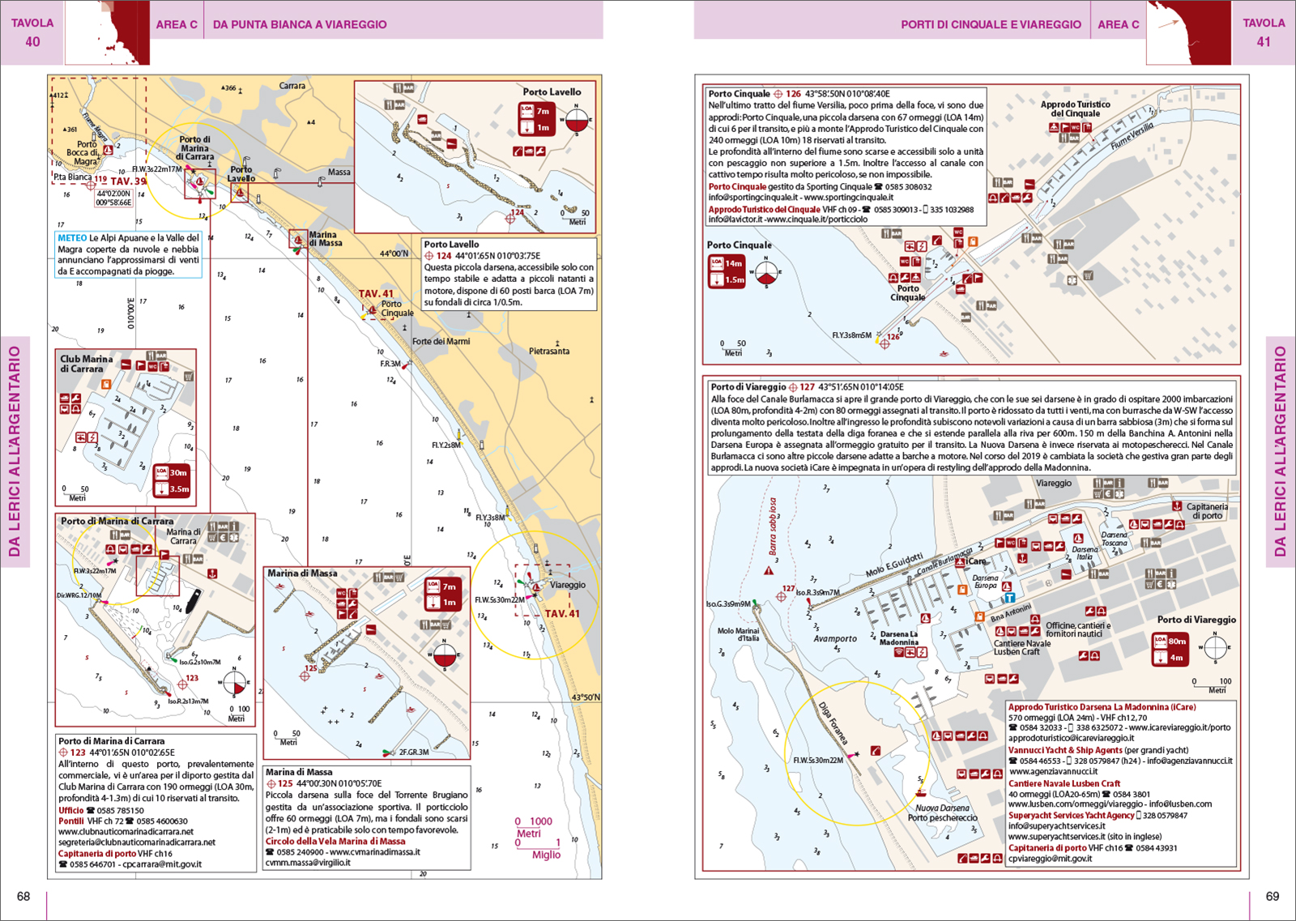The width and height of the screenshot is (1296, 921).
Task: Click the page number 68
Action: [23, 896]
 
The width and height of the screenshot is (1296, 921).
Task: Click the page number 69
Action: [1273, 896]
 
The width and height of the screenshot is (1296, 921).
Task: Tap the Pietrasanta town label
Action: [549, 352]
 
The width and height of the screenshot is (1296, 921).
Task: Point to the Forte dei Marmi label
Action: [441, 341]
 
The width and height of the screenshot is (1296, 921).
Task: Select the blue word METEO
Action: [72, 238]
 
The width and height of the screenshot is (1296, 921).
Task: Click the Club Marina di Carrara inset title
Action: [87, 364]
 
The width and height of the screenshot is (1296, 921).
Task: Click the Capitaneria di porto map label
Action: [1207, 511]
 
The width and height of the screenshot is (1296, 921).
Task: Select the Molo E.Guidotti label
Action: [893, 565]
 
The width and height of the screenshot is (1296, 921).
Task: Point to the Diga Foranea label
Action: [833, 723]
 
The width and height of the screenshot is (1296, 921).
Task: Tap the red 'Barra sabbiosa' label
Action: [773, 527]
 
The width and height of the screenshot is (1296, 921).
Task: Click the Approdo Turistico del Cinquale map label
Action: [1075, 109]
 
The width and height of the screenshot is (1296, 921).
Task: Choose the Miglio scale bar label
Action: [546, 855]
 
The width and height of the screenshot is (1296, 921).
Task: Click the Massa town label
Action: [339, 172]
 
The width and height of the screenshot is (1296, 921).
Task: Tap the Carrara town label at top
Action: [292, 86]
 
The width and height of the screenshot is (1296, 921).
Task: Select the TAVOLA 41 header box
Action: [1263, 32]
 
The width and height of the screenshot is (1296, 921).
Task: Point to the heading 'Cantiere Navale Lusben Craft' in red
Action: [1064, 783]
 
